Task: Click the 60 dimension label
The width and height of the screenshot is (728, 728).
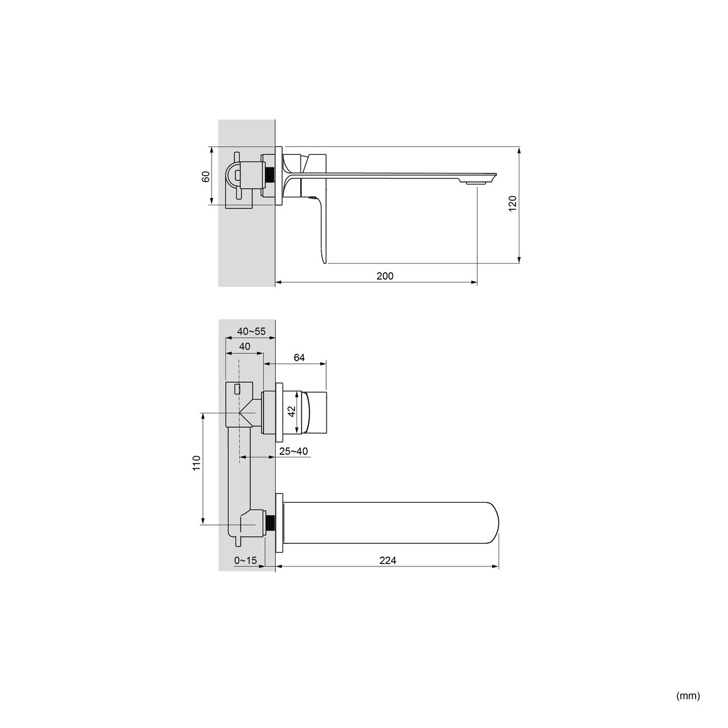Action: coord(205,176)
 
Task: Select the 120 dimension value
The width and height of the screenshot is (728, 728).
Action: coord(512,204)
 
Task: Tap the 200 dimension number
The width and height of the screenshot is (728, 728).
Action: coord(385,276)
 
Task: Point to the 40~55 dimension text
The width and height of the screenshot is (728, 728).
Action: coord(251,332)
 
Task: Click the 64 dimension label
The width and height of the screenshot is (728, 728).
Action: coord(299,357)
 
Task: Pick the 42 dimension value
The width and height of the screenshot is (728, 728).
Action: coord(291,411)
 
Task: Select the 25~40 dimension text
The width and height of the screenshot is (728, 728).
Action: coord(293,451)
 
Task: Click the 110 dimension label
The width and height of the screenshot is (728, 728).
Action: coord(196,463)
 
